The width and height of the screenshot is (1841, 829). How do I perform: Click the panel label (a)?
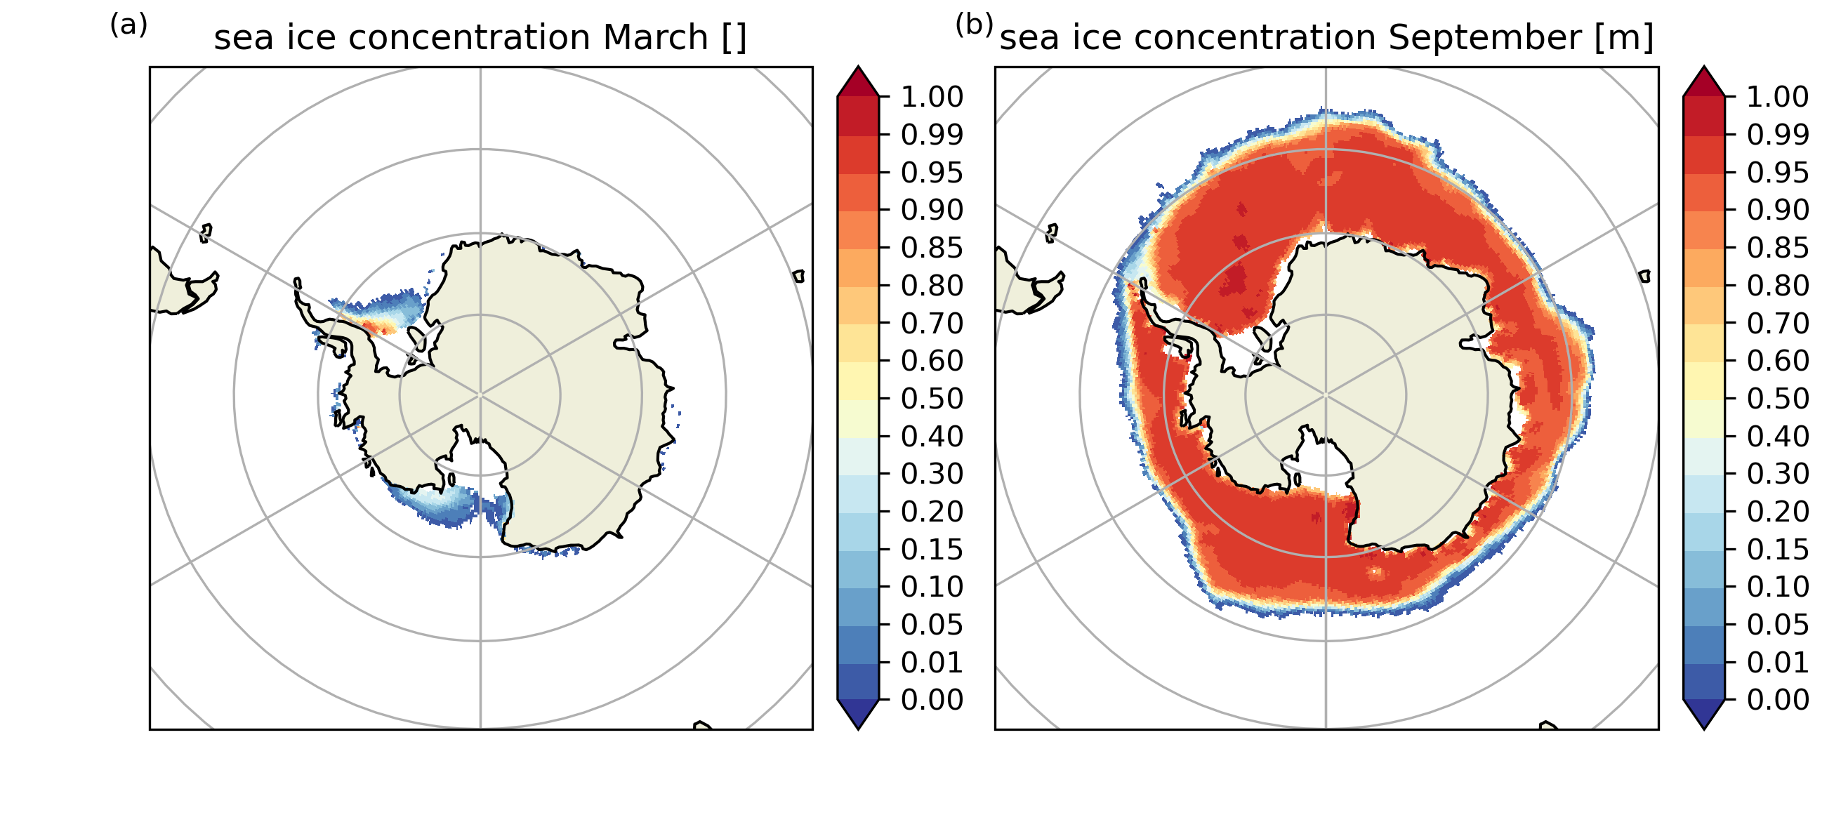pyautogui.click(x=128, y=26)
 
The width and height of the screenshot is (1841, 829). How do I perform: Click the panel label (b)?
pyautogui.click(x=974, y=26)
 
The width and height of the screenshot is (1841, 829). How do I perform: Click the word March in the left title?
pyautogui.click(x=654, y=38)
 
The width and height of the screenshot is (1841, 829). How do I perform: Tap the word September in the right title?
pyautogui.click(x=1484, y=38)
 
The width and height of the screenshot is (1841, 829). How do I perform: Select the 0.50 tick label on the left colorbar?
pyautogui.click(x=932, y=399)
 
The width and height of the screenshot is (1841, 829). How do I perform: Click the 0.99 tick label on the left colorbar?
pyautogui.click(x=932, y=134)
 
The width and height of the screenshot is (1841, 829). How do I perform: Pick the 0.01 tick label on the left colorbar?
pyautogui.click(x=932, y=663)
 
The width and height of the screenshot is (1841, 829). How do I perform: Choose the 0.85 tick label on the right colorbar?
pyautogui.click(x=1778, y=248)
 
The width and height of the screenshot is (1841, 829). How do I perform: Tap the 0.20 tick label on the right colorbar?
pyautogui.click(x=1778, y=512)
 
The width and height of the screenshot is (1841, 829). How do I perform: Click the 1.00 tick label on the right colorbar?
pyautogui.click(x=1778, y=96)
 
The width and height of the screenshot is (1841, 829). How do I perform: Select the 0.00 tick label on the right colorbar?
pyautogui.click(x=1778, y=700)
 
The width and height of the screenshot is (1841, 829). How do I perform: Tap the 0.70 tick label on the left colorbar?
pyautogui.click(x=932, y=324)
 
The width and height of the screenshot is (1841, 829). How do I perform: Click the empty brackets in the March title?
pyautogui.click(x=734, y=38)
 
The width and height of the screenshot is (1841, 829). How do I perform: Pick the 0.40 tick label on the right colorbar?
pyautogui.click(x=1778, y=437)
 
